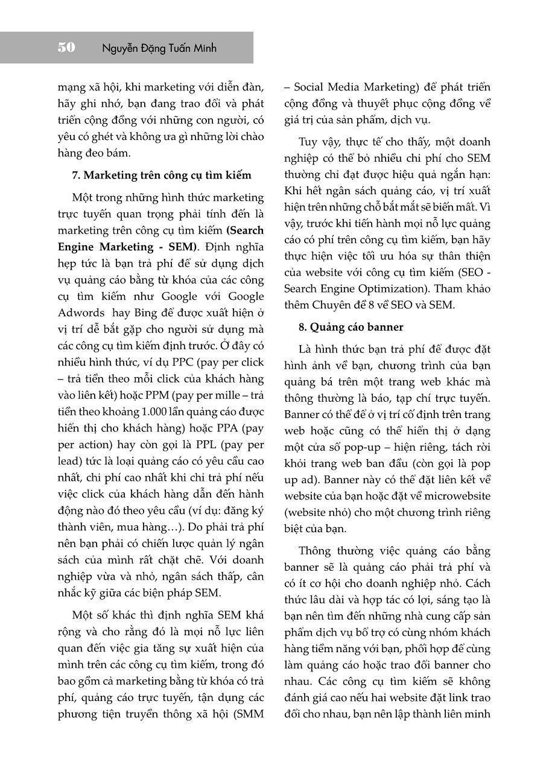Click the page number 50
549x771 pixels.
click(67, 48)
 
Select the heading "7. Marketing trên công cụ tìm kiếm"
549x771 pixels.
click(161, 176)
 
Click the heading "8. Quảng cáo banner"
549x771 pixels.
click(351, 327)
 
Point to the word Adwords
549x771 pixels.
click(81, 313)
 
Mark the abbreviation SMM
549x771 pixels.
click(250, 714)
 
